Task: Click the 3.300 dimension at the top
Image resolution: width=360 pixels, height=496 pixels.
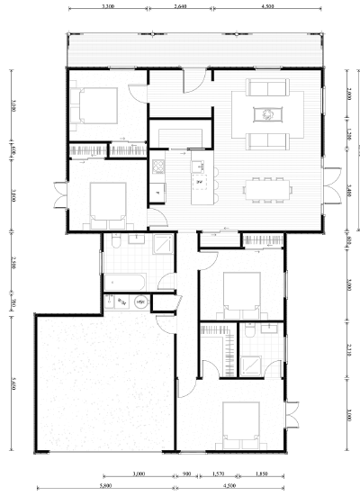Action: click(x=108, y=5)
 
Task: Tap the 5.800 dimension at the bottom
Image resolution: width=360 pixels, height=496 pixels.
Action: click(x=107, y=485)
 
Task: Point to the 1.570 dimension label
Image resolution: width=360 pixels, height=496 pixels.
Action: click(x=217, y=473)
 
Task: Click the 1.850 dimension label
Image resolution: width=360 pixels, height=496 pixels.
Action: click(x=261, y=473)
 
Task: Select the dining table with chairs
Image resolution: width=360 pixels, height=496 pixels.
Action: click(x=269, y=188)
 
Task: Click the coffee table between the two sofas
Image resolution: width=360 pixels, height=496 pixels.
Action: click(x=268, y=113)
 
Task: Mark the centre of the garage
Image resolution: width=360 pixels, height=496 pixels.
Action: click(x=101, y=383)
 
